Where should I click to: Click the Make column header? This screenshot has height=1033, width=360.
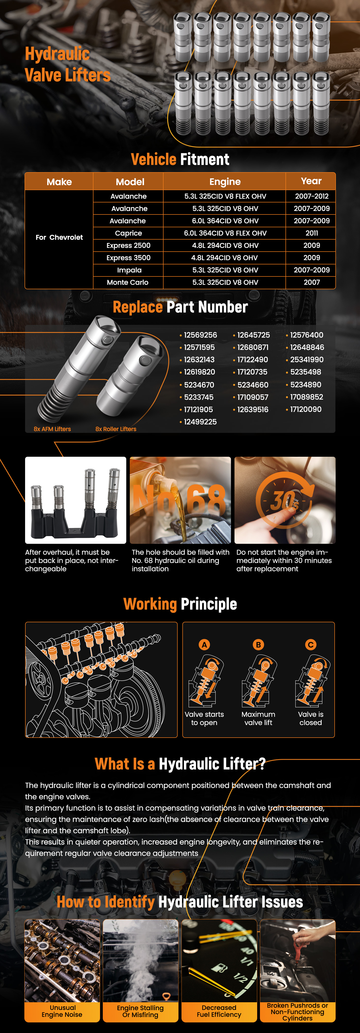[59, 182]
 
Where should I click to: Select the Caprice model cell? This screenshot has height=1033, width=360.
[128, 233]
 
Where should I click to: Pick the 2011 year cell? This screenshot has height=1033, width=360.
[312, 233]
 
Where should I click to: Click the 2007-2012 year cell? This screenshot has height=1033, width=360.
[312, 196]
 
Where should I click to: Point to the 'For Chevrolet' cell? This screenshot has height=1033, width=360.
[59, 237]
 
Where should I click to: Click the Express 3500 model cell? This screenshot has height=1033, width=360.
[128, 258]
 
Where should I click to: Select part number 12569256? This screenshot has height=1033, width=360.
[200, 335]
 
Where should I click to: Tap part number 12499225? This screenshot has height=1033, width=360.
[200, 422]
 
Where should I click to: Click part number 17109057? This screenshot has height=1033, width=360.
[253, 397]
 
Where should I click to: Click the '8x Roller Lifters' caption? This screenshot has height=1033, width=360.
[116, 429]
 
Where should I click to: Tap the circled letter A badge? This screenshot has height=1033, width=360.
[204, 645]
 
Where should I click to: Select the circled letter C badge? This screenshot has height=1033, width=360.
[311, 645]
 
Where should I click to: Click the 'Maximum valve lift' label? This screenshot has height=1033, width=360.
[258, 718]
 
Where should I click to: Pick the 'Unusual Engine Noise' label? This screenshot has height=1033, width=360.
[62, 1011]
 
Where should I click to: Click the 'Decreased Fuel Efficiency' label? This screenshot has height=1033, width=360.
[219, 1011]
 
